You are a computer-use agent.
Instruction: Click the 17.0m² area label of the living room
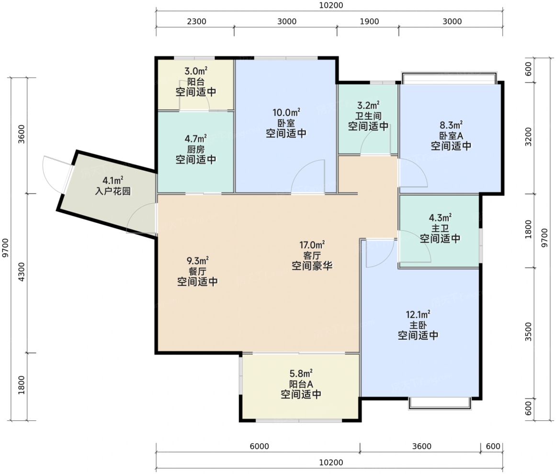pyautogui.click(x=312, y=245)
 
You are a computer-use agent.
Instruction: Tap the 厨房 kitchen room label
pyautogui.click(x=196, y=149)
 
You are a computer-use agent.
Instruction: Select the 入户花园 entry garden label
pyautogui.click(x=113, y=191)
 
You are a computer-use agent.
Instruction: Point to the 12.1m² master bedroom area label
pyautogui.click(x=418, y=314)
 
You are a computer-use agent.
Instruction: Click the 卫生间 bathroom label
pyautogui.click(x=368, y=116)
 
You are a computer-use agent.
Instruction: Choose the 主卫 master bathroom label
pyautogui.click(x=440, y=228)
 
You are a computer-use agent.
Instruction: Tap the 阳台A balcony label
pyautogui.click(x=301, y=384)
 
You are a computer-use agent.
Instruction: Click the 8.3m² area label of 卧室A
pyautogui.click(x=451, y=125)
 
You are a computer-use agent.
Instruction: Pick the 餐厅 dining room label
pyautogui.click(x=197, y=271)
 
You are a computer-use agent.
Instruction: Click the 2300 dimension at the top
pyautogui.click(x=196, y=21)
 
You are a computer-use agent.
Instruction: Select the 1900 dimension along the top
pyautogui.click(x=369, y=21)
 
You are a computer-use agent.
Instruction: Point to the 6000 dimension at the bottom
pyautogui.click(x=259, y=446)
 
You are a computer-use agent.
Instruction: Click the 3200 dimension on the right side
pyautogui.click(x=528, y=137)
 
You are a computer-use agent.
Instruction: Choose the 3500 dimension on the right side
pyautogui.click(x=528, y=332)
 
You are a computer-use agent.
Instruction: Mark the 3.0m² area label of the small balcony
pyautogui.click(x=196, y=70)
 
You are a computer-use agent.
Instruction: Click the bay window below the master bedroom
pyautogui.click(x=440, y=404)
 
